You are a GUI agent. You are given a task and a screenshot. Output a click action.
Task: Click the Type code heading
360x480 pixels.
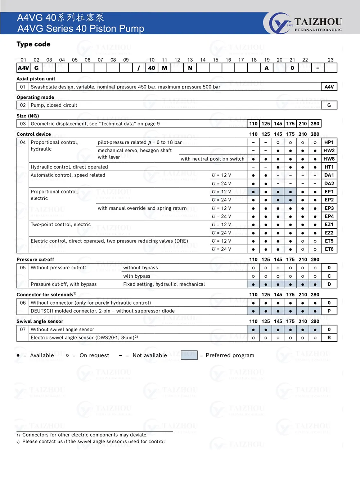[33, 44]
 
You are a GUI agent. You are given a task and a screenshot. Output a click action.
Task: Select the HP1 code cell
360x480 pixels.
[329, 142]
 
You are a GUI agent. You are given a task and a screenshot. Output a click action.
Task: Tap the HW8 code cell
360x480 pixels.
[329, 159]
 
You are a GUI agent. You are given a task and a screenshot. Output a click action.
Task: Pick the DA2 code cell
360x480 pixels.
[329, 183]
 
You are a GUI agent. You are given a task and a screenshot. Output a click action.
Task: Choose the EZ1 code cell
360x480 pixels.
[329, 224]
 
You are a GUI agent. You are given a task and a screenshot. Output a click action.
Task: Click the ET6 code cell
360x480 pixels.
[329, 249]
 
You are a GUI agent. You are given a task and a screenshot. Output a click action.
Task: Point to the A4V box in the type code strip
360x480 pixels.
[23, 68]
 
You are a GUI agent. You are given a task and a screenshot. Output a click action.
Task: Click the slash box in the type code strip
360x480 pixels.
[139, 68]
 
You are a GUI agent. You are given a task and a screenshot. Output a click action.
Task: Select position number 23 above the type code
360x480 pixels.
[330, 60]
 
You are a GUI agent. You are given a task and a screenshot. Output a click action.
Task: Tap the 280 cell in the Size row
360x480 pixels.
[315, 124]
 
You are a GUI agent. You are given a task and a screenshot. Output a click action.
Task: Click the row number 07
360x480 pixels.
[23, 329]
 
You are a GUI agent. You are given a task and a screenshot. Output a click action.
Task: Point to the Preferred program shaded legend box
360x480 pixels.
[189, 355]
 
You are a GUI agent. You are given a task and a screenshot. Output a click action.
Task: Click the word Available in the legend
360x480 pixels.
[42, 355]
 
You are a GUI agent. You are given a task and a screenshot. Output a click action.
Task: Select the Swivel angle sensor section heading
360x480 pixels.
[40, 321]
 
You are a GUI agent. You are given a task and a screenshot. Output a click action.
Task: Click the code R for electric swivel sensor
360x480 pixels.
[329, 338]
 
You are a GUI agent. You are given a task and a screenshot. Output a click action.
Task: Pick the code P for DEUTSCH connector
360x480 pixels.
[329, 311]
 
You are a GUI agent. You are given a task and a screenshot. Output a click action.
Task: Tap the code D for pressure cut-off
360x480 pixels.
[329, 284]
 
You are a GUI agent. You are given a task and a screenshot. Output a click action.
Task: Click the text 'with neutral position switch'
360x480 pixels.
[212, 159]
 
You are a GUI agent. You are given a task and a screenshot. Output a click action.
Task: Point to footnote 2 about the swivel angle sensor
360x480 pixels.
[93, 441]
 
